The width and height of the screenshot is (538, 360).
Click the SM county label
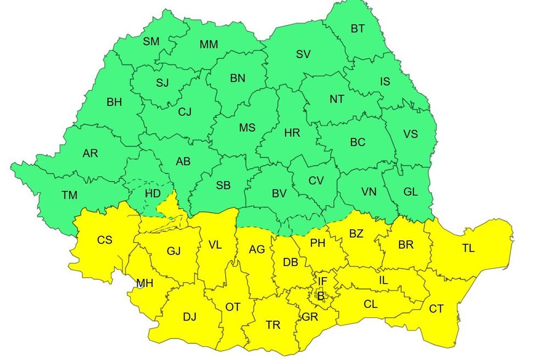pyautogui.click(x=151, y=42)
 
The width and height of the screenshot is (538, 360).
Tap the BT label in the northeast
pyautogui.click(x=357, y=29)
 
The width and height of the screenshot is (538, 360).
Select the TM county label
pyautogui.click(x=70, y=194)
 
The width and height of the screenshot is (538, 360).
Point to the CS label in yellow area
pyautogui.click(x=104, y=240)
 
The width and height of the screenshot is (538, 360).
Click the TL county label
pyautogui.click(x=468, y=248)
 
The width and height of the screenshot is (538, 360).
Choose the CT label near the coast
pyautogui.click(x=436, y=309)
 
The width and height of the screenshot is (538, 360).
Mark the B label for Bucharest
pyautogui.click(x=321, y=296)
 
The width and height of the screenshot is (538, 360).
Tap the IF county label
pyautogui.click(x=322, y=281)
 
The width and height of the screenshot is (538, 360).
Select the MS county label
pyautogui.click(x=247, y=128)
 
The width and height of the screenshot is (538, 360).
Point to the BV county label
pyautogui.click(x=279, y=193)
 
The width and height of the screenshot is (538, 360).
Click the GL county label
pyautogui.click(x=410, y=192)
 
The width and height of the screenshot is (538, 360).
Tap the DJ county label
pyautogui.click(x=189, y=317)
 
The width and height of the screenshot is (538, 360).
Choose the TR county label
pyautogui.click(x=273, y=325)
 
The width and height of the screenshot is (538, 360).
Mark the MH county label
pyautogui.click(x=145, y=283)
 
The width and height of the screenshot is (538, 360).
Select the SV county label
pyautogui.click(x=303, y=54)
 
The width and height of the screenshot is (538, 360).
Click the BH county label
pyautogui.click(x=114, y=102)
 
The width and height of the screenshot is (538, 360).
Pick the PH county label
pyautogui.click(x=318, y=243)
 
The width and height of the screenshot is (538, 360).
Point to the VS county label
pyautogui.click(x=410, y=134)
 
